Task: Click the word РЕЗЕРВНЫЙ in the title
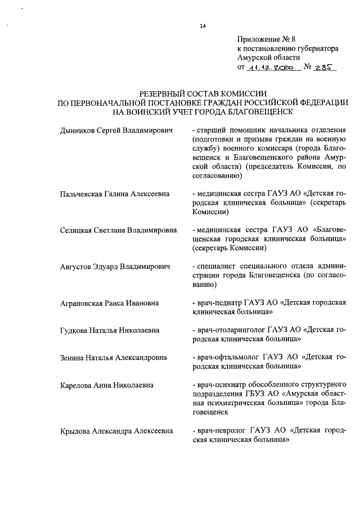[x=168, y=93]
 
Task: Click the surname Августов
[x=77, y=266]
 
